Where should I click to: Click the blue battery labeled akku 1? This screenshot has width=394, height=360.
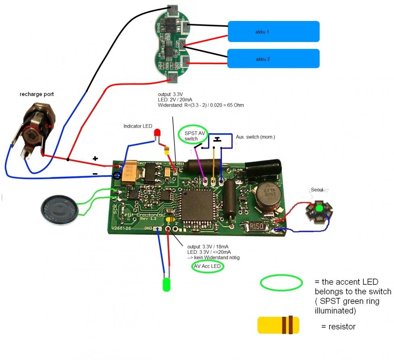(274, 31)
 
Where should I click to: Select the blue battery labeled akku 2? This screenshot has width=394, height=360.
(274, 59)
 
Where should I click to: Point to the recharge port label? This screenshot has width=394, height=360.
(37, 94)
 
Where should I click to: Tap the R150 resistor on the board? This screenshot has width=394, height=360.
(257, 227)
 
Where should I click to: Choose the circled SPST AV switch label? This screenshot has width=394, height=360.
(192, 136)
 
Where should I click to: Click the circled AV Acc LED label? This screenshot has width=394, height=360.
(207, 266)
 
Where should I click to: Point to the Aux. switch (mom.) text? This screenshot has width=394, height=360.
(255, 137)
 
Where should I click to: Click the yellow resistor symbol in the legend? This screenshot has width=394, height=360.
(278, 325)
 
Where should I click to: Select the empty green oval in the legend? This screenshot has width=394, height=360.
(281, 283)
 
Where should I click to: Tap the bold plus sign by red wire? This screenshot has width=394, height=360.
(95, 159)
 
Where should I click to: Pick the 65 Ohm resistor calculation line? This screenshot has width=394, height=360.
(201, 105)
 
